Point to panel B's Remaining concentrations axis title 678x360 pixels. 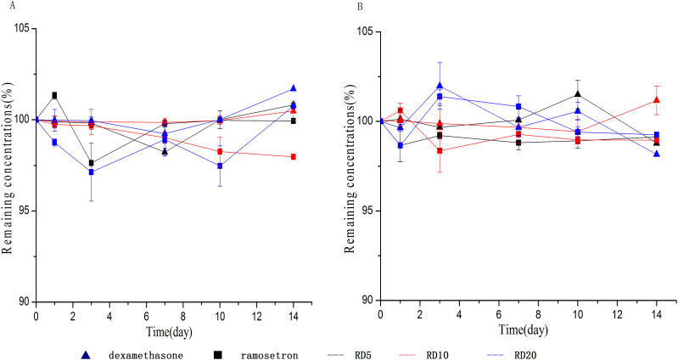[350, 166]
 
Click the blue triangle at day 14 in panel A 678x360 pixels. [294, 88]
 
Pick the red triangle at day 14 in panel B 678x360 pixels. [657, 100]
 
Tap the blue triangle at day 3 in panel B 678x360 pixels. [440, 85]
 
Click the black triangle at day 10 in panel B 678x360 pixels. [578, 93]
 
